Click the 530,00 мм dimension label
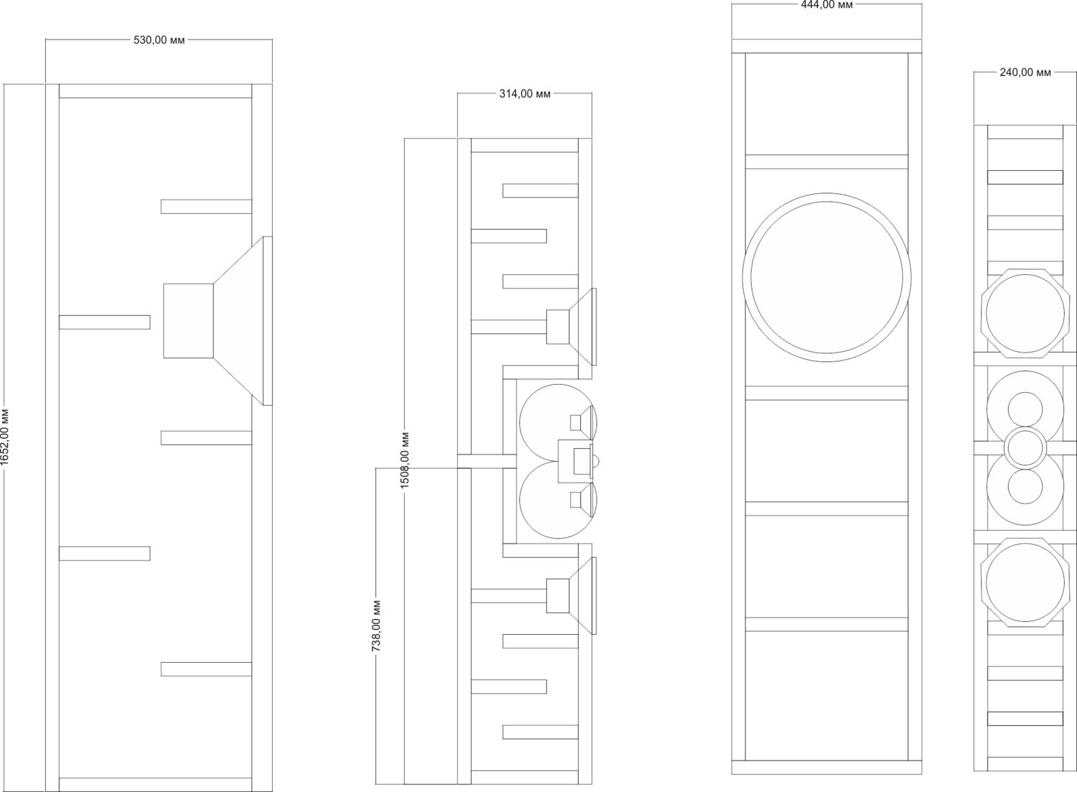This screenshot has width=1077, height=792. pos(159,40)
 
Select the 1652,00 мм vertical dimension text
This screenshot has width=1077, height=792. pos(5,437)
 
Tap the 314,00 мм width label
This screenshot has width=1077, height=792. pos(525,94)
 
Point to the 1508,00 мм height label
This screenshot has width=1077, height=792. pos(405,460)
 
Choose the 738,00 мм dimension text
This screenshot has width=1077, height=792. pos(376,625)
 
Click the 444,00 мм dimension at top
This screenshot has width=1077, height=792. pos(827,5)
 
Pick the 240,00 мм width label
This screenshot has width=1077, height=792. pos(1025,73)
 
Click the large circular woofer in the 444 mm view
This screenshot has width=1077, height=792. pos(826,277)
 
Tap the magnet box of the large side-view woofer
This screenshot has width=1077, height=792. pos(188,321)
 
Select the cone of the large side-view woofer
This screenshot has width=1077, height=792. pos(238,321)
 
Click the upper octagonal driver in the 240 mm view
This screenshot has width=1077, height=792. pos(1025,314)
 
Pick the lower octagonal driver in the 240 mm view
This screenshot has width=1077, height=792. pos(1025,582)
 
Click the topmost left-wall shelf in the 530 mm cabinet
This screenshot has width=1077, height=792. pos(104,322)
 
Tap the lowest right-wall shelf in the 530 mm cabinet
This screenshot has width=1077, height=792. pos(206,669)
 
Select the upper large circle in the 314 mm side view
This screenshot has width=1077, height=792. pos(558,423)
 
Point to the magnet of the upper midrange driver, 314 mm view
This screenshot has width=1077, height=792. pos(558,327)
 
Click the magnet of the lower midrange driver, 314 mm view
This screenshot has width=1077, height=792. pos(558,596)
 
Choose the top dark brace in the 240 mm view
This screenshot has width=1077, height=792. pos(1025,177)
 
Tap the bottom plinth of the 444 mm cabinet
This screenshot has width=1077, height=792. pos(826,768)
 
